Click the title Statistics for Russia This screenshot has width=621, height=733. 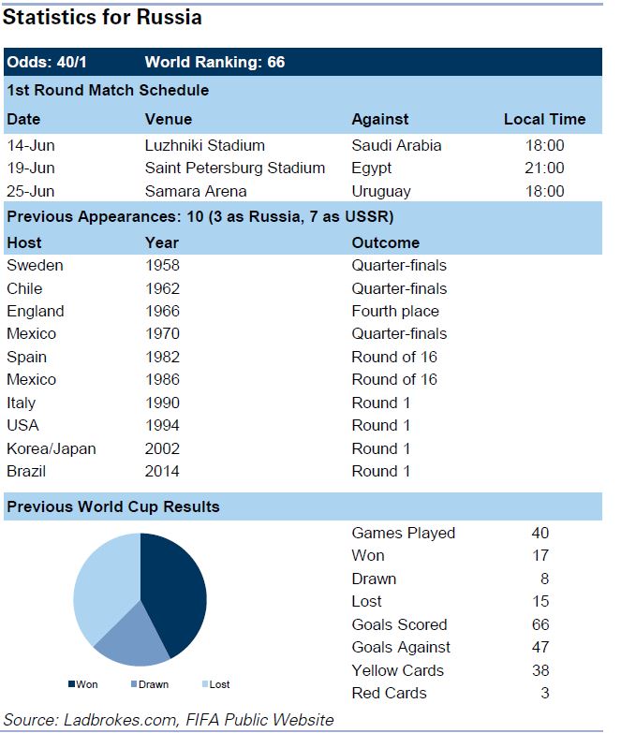coord(103,17)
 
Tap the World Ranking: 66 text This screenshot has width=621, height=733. coord(214,63)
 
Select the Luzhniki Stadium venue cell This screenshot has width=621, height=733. coord(204,145)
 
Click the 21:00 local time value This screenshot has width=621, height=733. coord(543,169)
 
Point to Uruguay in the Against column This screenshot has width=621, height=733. coord(380,191)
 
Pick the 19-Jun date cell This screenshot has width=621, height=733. coord(31,169)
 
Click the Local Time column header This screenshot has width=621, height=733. coord(544,119)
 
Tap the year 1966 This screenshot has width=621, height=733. coord(162,311)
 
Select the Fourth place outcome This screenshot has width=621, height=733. coord(394,311)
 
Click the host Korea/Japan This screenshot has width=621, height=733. coord(51,448)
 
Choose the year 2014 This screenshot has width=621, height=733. coord(162,471)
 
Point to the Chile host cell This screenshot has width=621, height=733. coord(24,288)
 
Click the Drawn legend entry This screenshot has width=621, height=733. coord(151,684)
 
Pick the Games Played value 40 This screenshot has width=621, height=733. coord(540,533)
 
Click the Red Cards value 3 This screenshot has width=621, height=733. coord(544,693)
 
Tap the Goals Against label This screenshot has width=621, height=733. coord(400,647)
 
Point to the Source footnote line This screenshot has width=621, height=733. coord(169,719)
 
